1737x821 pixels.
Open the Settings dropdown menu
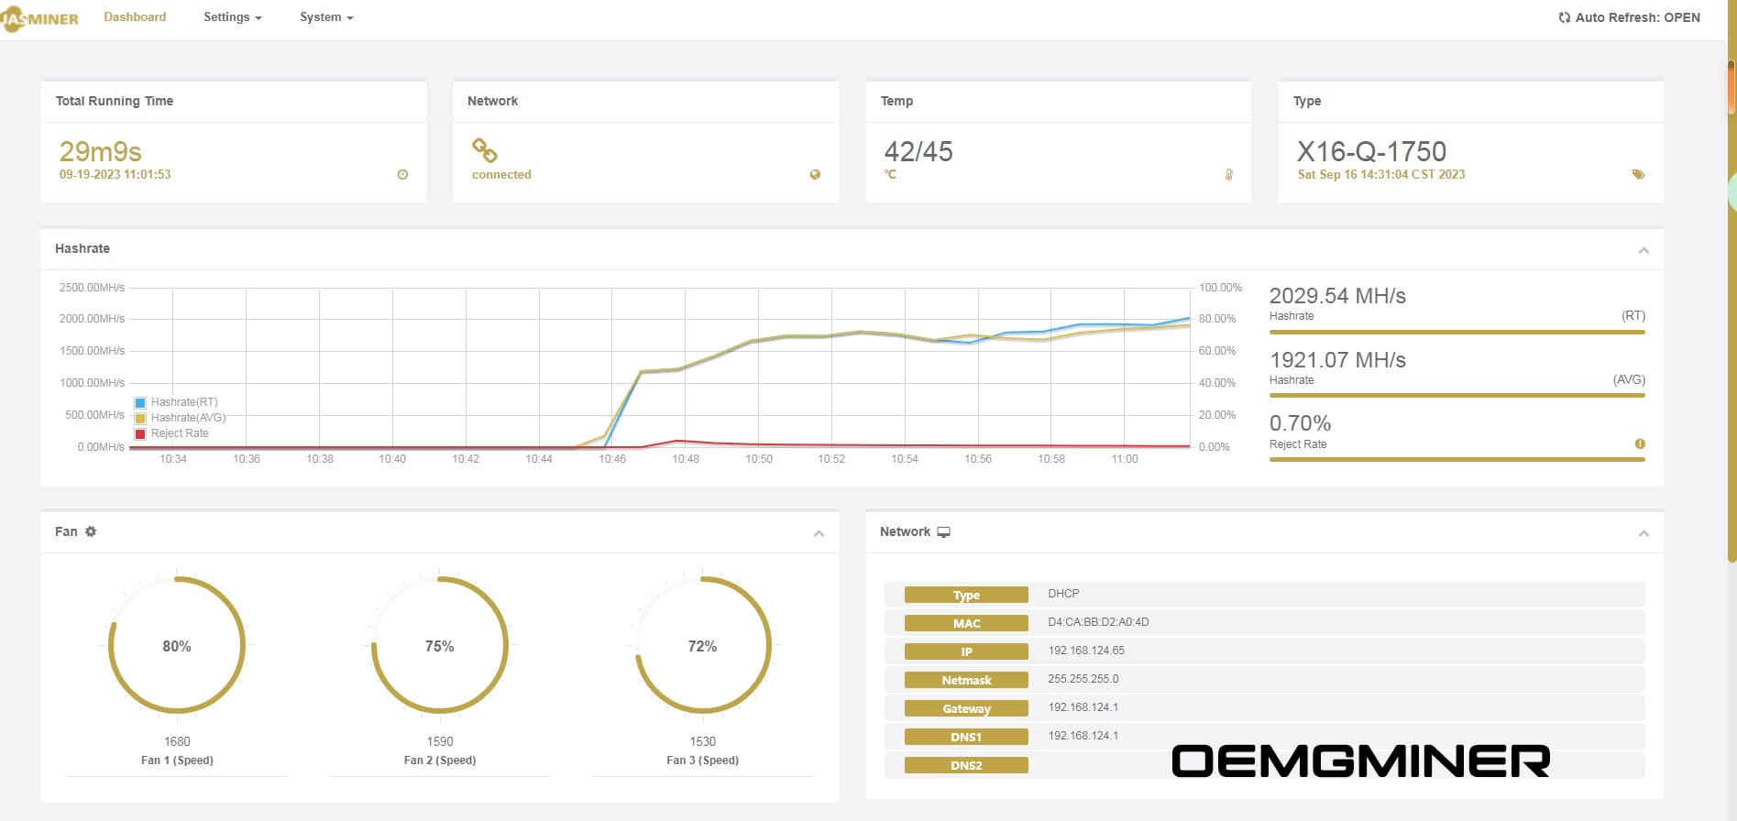tap(232, 17)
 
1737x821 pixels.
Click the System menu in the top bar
tap(325, 17)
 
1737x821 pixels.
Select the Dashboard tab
tap(135, 17)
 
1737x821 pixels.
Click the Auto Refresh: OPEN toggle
tap(1629, 17)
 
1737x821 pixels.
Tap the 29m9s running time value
tap(101, 151)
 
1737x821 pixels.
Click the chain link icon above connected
tap(484, 149)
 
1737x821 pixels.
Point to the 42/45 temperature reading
tap(918, 151)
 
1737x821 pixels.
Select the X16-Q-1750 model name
tap(1371, 151)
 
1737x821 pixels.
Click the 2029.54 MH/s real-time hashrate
tap(1337, 296)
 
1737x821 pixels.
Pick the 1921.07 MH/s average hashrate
tap(1337, 360)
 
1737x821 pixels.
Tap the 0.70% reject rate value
tap(1300, 423)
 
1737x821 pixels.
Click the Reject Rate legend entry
tap(179, 433)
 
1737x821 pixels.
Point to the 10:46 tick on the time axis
tap(612, 459)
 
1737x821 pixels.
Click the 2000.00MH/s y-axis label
tap(92, 319)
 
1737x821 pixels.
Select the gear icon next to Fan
tap(91, 531)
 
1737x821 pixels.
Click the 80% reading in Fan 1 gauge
tap(177, 646)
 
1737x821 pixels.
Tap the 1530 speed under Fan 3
tap(703, 741)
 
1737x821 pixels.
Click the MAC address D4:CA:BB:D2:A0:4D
tap(1098, 622)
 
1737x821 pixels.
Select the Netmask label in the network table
tap(966, 680)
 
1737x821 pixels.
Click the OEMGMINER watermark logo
tap(1360, 761)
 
